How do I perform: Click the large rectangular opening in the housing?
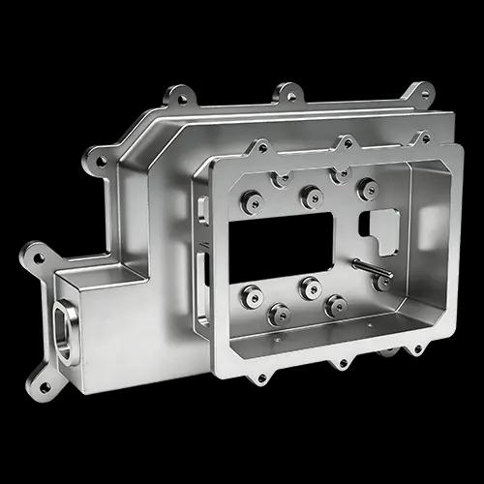coord(281,243)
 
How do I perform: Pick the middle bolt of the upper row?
coord(312,197)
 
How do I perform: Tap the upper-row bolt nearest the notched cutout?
coord(367,188)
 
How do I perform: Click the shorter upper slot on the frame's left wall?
coord(201,208)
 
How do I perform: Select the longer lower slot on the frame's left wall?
coord(202,287)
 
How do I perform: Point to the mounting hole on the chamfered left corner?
coord(102,162)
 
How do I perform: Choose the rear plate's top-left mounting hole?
coord(179,97)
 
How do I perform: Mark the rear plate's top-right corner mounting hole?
coord(420,94)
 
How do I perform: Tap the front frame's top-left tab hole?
coord(259,149)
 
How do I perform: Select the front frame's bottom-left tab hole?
coord(257,376)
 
